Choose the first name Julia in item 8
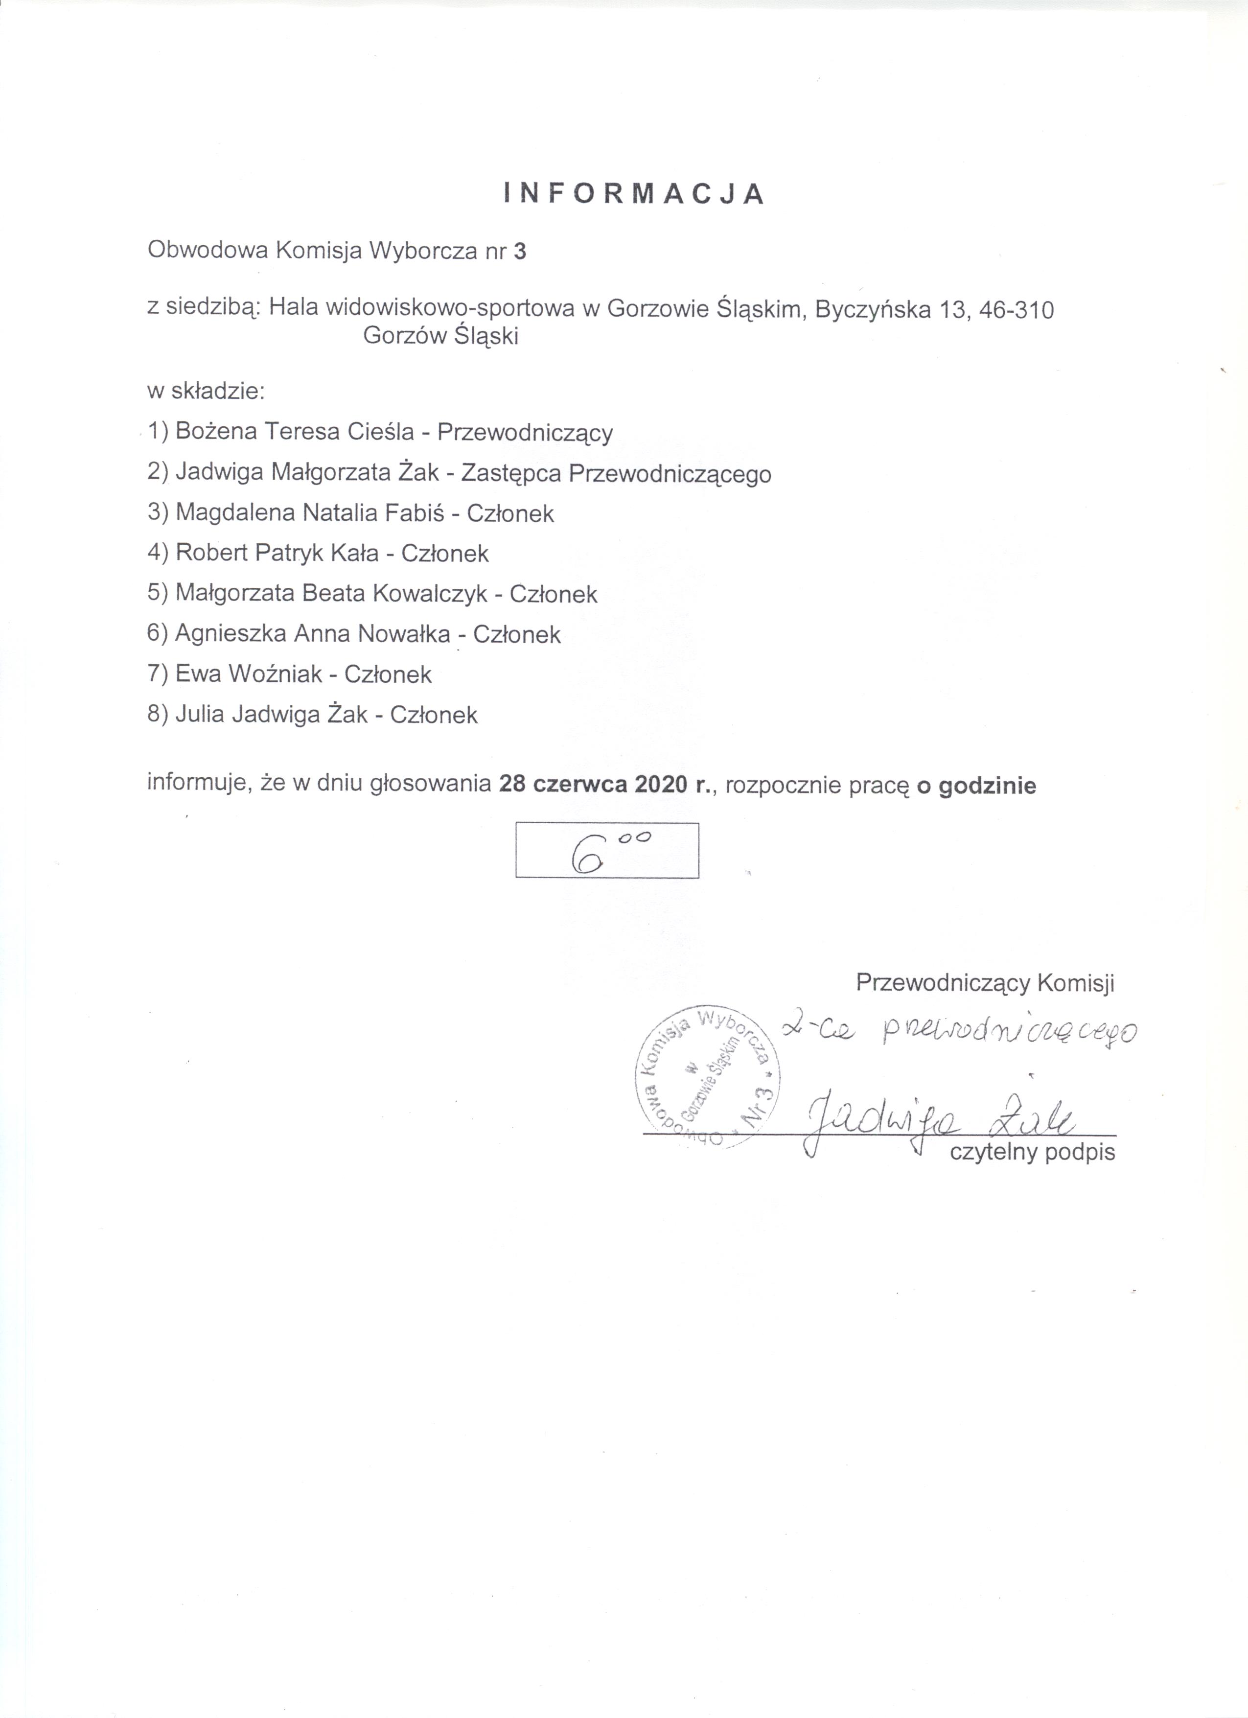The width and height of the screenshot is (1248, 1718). point(200,714)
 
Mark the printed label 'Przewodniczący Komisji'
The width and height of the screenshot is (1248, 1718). point(985,983)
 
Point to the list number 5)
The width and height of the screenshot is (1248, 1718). point(158,594)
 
